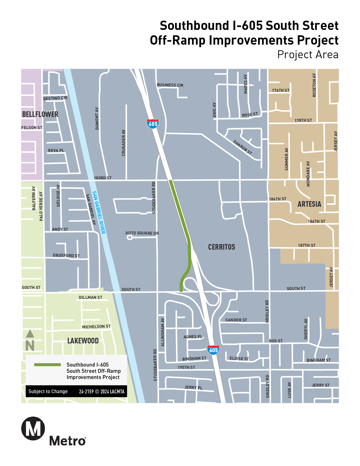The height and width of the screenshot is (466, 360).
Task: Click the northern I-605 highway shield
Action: (x=153, y=124)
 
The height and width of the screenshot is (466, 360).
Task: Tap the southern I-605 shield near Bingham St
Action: (x=213, y=350)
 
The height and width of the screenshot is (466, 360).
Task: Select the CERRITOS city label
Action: (x=221, y=247)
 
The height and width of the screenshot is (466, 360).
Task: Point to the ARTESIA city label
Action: (x=309, y=204)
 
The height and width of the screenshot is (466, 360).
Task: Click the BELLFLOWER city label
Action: (x=40, y=114)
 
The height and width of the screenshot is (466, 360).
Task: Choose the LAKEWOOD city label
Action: (x=83, y=341)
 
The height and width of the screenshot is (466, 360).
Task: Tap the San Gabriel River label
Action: (x=99, y=212)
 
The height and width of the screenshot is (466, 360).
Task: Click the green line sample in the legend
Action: (x=47, y=365)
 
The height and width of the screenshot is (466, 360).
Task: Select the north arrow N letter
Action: (x=30, y=346)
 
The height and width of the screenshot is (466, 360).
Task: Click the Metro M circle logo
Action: (x=33, y=428)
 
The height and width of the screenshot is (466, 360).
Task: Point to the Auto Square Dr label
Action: (x=142, y=233)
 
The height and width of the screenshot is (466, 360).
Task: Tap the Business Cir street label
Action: (x=170, y=85)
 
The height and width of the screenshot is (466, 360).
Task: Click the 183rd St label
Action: (x=102, y=178)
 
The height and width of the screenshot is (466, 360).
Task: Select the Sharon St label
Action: (x=243, y=147)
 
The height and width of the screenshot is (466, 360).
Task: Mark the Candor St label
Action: (x=236, y=320)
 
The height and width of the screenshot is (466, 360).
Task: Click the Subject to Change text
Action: (x=48, y=391)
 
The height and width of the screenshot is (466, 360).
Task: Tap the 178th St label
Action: (x=303, y=120)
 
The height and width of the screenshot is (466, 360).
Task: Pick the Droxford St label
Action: (x=66, y=255)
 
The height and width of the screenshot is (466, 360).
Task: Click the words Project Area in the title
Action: (x=308, y=55)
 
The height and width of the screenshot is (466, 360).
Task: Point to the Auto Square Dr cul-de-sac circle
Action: (x=130, y=238)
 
